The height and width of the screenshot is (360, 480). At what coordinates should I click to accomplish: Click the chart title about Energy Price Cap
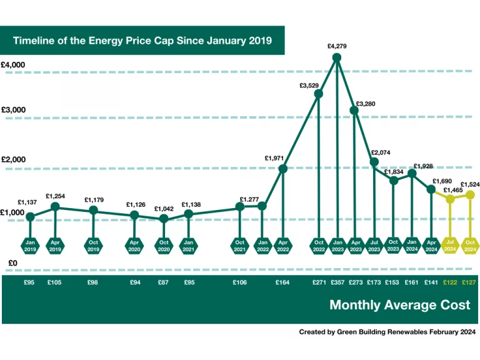pyautogui.click(x=142, y=41)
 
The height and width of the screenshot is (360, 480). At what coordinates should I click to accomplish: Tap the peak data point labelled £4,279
pyautogui.click(x=337, y=57)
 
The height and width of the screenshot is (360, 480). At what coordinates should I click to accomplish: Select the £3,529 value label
pyautogui.click(x=310, y=85)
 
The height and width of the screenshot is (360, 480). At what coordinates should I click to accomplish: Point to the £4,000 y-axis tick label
pyautogui.click(x=12, y=65)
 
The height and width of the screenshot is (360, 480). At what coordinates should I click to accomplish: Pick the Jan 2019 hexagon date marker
pyautogui.click(x=31, y=246)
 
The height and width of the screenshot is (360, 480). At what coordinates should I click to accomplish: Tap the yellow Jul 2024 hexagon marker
pyautogui.click(x=450, y=246)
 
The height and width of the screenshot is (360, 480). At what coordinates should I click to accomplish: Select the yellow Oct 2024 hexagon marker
pyautogui.click(x=470, y=246)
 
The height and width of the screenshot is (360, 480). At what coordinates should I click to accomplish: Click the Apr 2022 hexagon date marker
pyautogui.click(x=282, y=246)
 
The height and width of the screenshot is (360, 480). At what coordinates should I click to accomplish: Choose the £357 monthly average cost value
pyautogui.click(x=337, y=282)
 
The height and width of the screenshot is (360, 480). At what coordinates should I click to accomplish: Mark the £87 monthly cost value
pyautogui.click(x=164, y=282)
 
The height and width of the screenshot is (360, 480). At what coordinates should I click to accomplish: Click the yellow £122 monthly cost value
pyautogui.click(x=450, y=282)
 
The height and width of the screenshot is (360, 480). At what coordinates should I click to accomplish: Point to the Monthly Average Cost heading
pyautogui.click(x=400, y=305)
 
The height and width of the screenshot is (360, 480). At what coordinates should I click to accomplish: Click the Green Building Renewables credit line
pyautogui.click(x=387, y=332)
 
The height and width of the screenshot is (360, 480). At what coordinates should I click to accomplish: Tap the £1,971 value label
pyautogui.click(x=275, y=159)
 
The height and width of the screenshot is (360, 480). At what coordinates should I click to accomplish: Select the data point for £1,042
pyautogui.click(x=164, y=218)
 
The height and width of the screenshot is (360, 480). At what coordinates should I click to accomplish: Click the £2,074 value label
pyautogui.click(x=381, y=152)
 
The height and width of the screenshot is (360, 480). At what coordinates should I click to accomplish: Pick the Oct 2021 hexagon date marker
pyautogui.click(x=239, y=246)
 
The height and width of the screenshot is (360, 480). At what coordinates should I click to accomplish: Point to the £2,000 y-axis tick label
pyautogui.click(x=12, y=160)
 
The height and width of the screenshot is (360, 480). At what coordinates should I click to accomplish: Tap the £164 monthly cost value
pyautogui.click(x=282, y=282)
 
